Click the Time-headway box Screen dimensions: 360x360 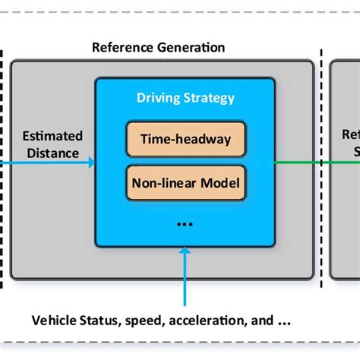(x=185, y=140)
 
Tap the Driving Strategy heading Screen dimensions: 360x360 (x=185, y=99)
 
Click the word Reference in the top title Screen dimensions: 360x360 (x=121, y=47)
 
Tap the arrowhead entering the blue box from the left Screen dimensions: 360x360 (x=90, y=162)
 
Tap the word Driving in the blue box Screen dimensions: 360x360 (x=160, y=99)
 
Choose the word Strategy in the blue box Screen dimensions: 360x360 (x=210, y=99)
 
